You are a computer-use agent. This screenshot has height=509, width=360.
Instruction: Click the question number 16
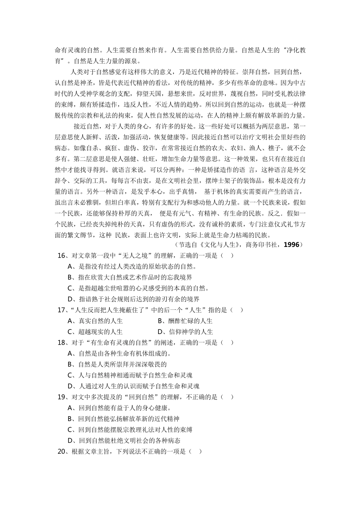(61, 256)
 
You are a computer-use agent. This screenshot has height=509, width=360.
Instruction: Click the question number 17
(61, 310)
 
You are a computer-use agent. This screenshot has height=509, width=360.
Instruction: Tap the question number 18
(61, 343)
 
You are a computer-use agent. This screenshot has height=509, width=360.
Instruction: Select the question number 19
(61, 397)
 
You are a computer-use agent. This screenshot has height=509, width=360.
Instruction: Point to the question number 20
(61, 451)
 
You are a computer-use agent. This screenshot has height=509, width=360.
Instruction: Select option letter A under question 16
(70, 267)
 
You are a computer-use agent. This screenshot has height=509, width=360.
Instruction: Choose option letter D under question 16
(70, 299)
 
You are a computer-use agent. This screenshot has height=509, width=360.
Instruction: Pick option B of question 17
(161, 321)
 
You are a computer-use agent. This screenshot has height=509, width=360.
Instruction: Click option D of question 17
(161, 332)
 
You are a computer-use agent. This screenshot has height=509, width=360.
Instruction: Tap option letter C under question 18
(70, 375)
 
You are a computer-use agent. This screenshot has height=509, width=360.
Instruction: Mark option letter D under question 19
(70, 441)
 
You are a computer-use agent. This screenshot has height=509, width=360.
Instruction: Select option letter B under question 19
(70, 419)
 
